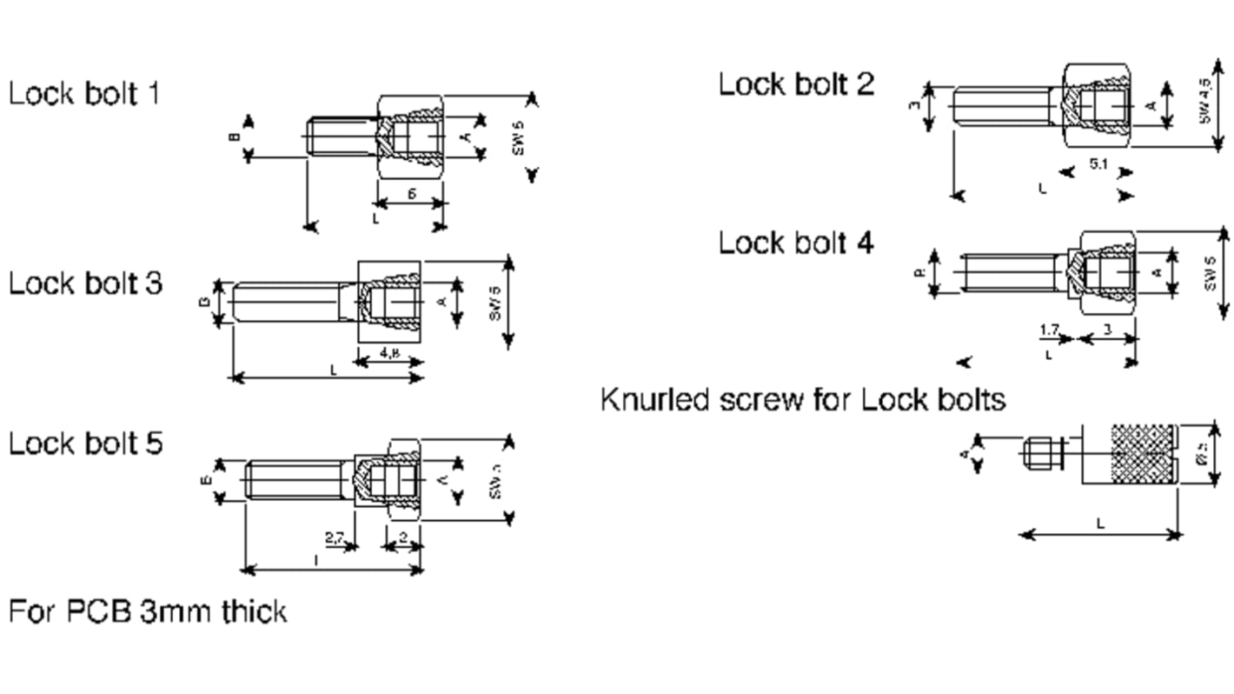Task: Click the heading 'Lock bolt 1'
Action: click(x=84, y=94)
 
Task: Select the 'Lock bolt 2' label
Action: click(x=796, y=84)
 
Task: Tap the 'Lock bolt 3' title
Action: click(x=85, y=284)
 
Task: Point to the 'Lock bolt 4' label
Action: click(x=796, y=244)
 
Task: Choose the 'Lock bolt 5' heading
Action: click(x=85, y=444)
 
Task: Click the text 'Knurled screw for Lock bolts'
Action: click(x=803, y=400)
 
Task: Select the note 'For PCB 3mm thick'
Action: click(x=148, y=611)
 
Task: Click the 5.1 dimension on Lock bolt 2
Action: click(x=1098, y=165)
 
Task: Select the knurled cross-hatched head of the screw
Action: click(x=1128, y=454)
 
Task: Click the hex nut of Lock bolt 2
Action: click(x=1098, y=107)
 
